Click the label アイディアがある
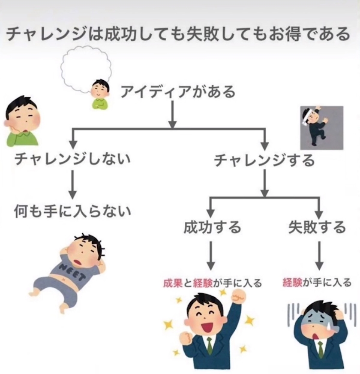pos(178,92)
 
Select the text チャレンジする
pos(264,160)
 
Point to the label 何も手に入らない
pos(72,211)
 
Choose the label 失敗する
pos(317,227)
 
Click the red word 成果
pos(173,283)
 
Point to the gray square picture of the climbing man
pos(322,127)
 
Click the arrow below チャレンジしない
pos(72,183)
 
